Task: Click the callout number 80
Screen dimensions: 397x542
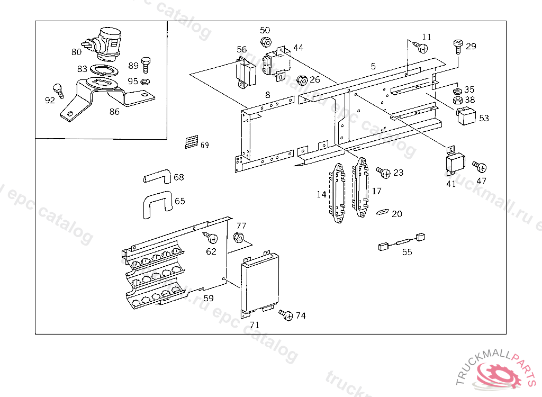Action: pyautogui.click(x=76, y=52)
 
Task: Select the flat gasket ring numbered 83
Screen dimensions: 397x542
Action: pyautogui.click(x=105, y=69)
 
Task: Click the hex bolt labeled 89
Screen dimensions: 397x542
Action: pyautogui.click(x=146, y=65)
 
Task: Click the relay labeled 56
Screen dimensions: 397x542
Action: pyautogui.click(x=246, y=73)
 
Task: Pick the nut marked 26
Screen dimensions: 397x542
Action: pyautogui.click(x=302, y=80)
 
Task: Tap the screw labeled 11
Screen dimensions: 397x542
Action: pyautogui.click(x=422, y=48)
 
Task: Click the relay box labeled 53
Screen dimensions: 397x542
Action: pyautogui.click(x=467, y=116)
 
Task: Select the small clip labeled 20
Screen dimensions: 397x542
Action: pyautogui.click(x=382, y=213)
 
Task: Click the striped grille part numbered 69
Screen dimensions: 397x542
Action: pyautogui.click(x=192, y=142)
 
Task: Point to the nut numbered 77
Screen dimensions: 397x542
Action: pyautogui.click(x=239, y=237)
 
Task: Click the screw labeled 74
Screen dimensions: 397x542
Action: pyautogui.click(x=286, y=315)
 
